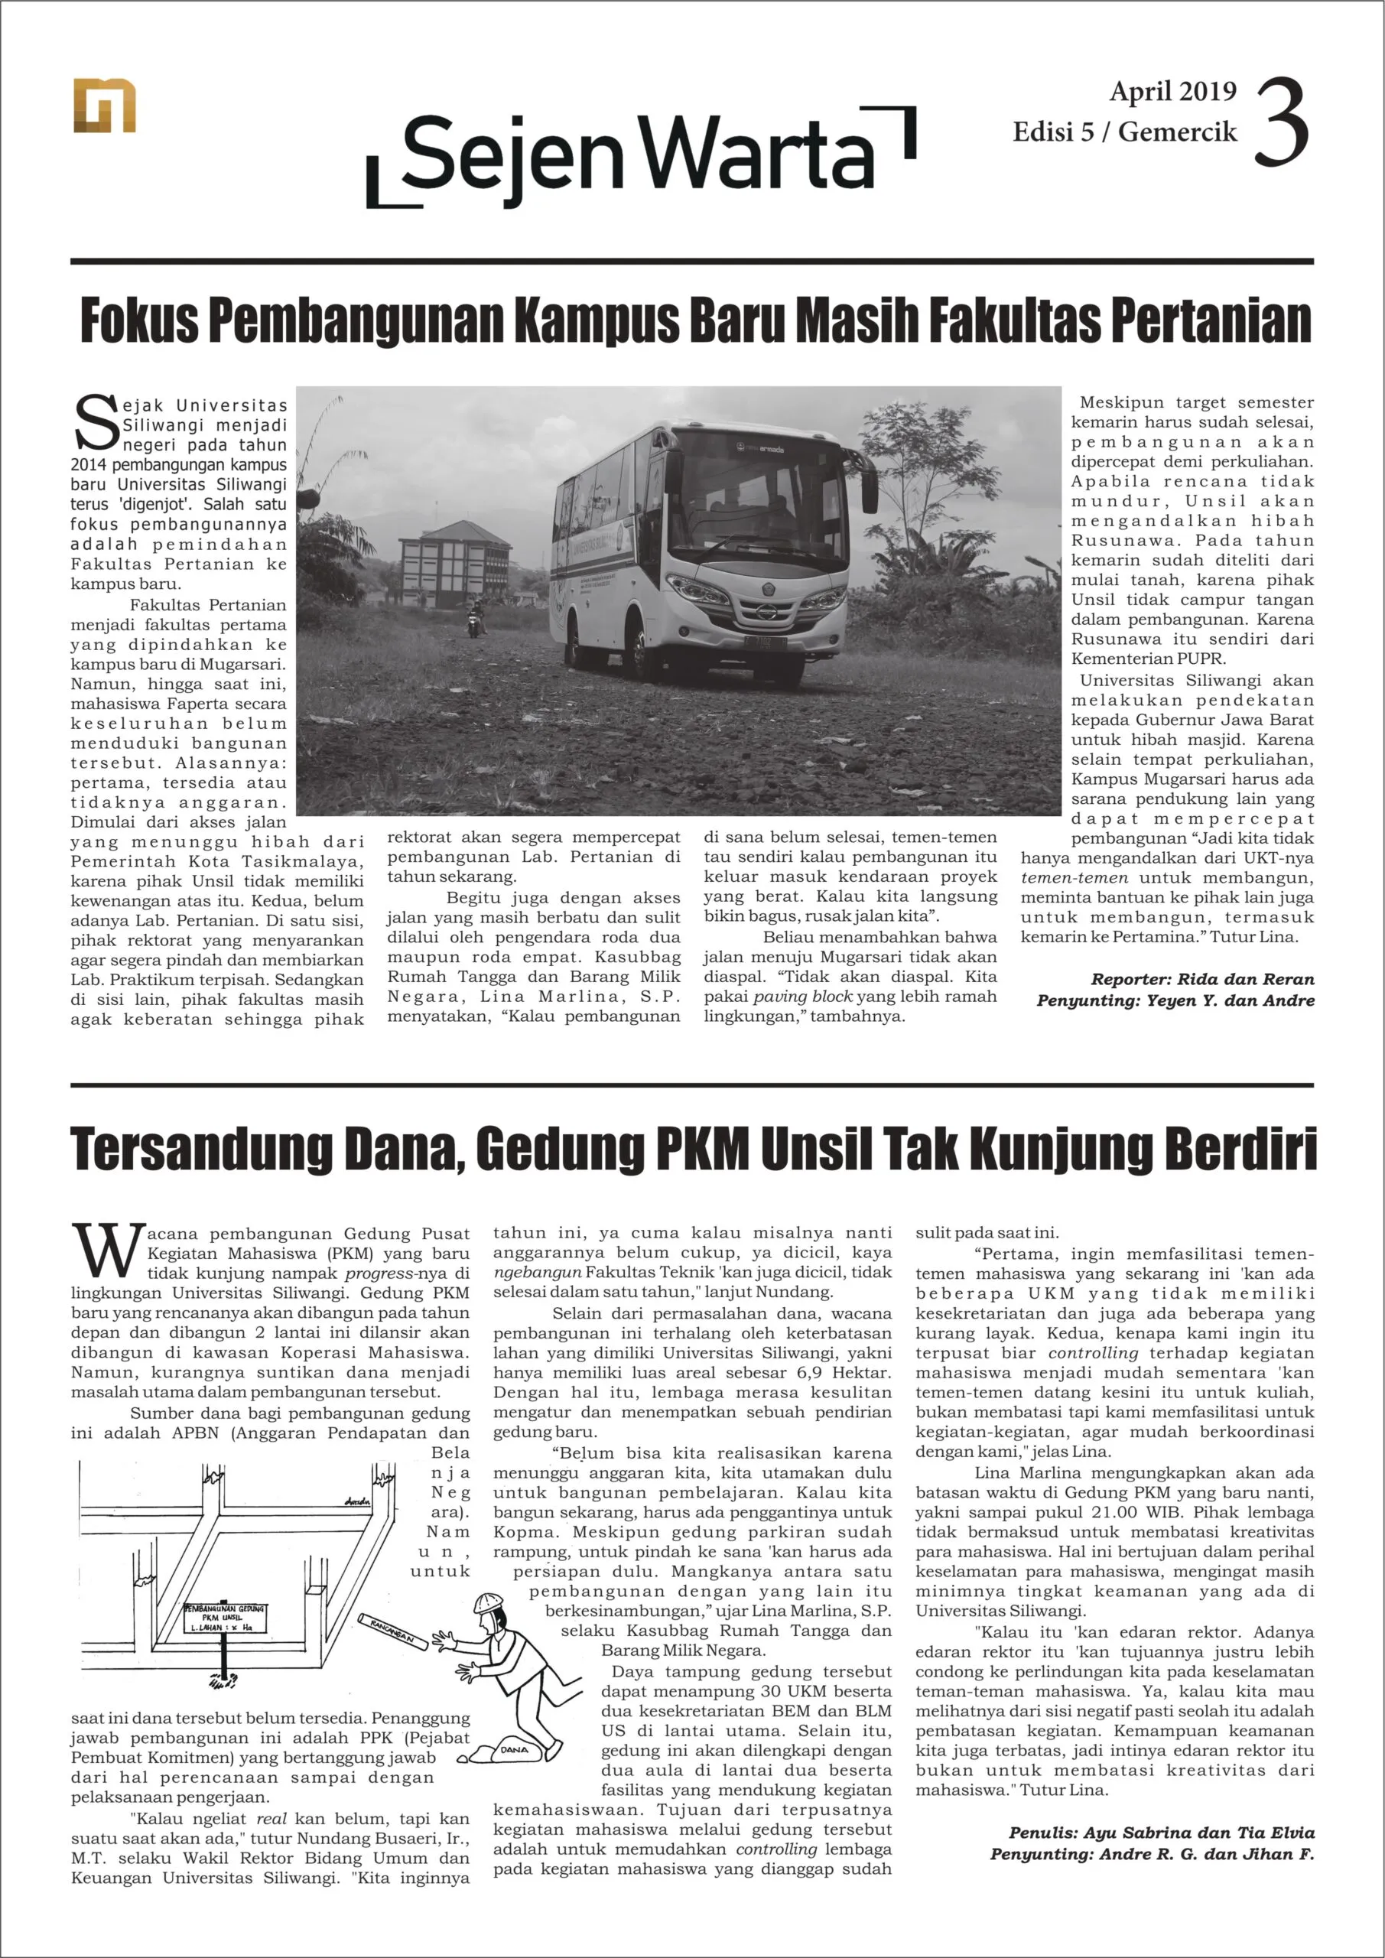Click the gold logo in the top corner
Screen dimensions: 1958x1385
point(104,106)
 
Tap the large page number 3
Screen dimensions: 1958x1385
point(1281,122)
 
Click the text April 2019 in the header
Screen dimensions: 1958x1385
point(1172,91)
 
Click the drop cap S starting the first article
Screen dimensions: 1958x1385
point(96,422)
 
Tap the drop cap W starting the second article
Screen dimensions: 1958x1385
point(106,1251)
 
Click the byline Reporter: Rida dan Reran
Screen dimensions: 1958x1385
point(1201,979)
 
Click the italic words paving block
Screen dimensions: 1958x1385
point(802,996)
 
